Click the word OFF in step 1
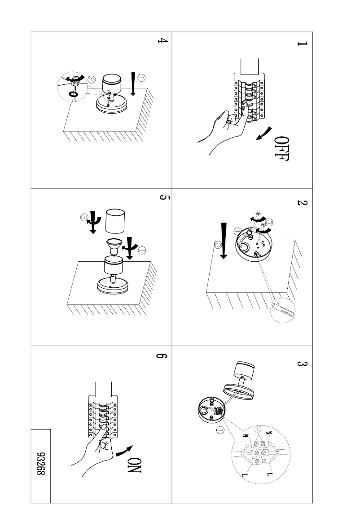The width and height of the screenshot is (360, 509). click(x=282, y=148)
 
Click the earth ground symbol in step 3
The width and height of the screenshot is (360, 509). click(x=258, y=429)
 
